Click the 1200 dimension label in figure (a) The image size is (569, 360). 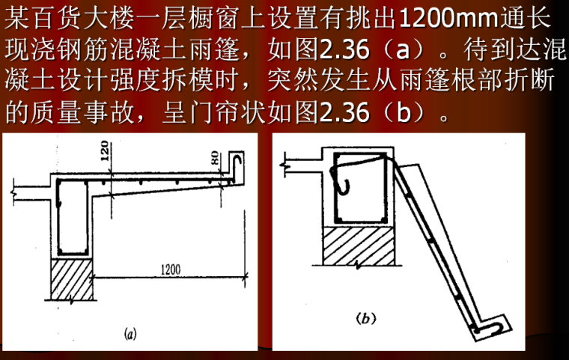[171, 269]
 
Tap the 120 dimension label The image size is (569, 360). [104, 151]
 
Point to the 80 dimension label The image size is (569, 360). [214, 158]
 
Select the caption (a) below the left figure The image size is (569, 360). [130, 333]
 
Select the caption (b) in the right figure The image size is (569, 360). [365, 318]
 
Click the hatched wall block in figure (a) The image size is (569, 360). [71, 279]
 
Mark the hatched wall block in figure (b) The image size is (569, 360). [359, 246]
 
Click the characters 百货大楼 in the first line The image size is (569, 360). [82, 17]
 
